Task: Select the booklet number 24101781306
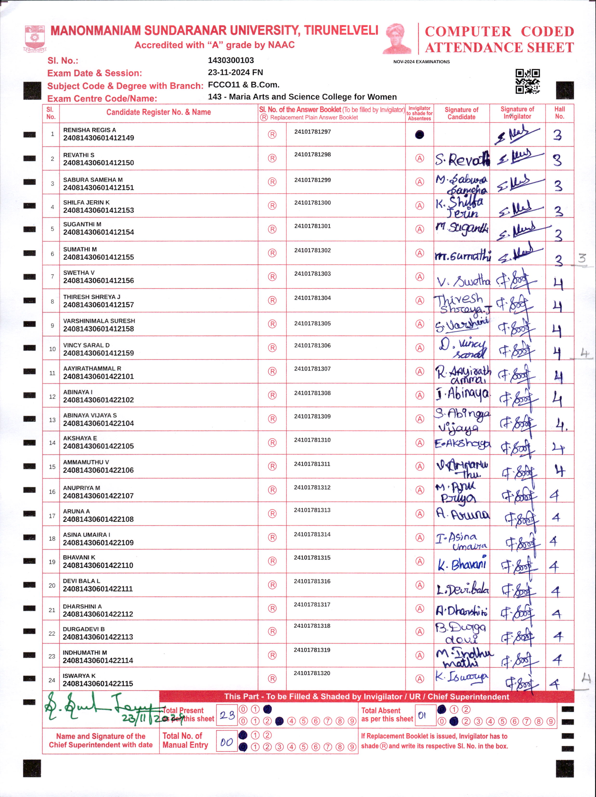[x=312, y=345]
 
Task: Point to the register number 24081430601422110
[x=98, y=565]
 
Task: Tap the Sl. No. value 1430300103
[x=231, y=60]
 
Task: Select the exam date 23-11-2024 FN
[x=235, y=72]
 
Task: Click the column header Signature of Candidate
[x=461, y=113]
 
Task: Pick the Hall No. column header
[x=559, y=113]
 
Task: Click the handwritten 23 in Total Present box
[x=227, y=715]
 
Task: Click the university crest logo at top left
[x=35, y=38]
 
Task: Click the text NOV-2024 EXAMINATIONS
[x=421, y=62]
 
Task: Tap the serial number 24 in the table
[x=52, y=680]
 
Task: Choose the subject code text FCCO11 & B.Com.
[x=243, y=85]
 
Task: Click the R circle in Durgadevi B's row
[x=272, y=632]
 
